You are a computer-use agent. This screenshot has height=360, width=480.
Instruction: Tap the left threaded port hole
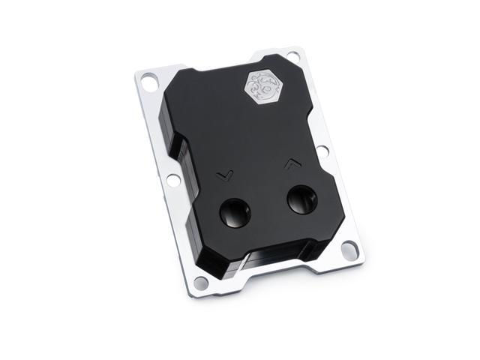(234, 213)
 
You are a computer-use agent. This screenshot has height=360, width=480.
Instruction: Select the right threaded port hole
(301, 199)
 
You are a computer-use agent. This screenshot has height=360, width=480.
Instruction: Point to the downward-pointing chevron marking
(223, 175)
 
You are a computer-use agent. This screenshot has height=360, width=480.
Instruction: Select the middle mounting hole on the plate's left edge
(172, 179)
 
